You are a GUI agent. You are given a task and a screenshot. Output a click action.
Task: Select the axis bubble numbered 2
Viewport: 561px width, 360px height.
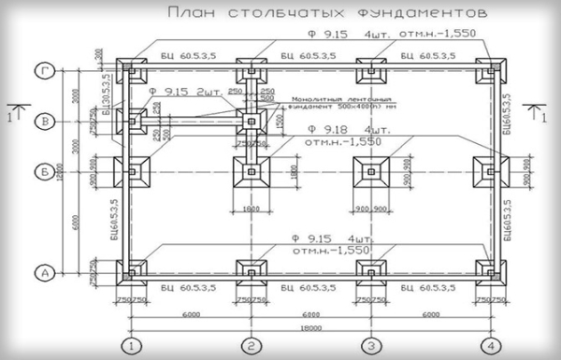pyautogui.click(x=251, y=344)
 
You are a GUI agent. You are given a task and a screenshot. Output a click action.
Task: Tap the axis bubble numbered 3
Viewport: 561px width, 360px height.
pyautogui.click(x=371, y=344)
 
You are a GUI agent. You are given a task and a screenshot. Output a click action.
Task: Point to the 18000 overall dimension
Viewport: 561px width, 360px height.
pyautogui.click(x=311, y=328)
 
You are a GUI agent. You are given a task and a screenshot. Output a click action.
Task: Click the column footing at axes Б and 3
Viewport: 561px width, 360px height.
pyautogui.click(x=371, y=171)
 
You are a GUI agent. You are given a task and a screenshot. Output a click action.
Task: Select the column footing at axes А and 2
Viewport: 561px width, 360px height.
pyautogui.click(x=251, y=272)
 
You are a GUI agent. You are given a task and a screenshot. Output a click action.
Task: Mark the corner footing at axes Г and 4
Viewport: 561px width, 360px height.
pyautogui.click(x=488, y=71)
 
